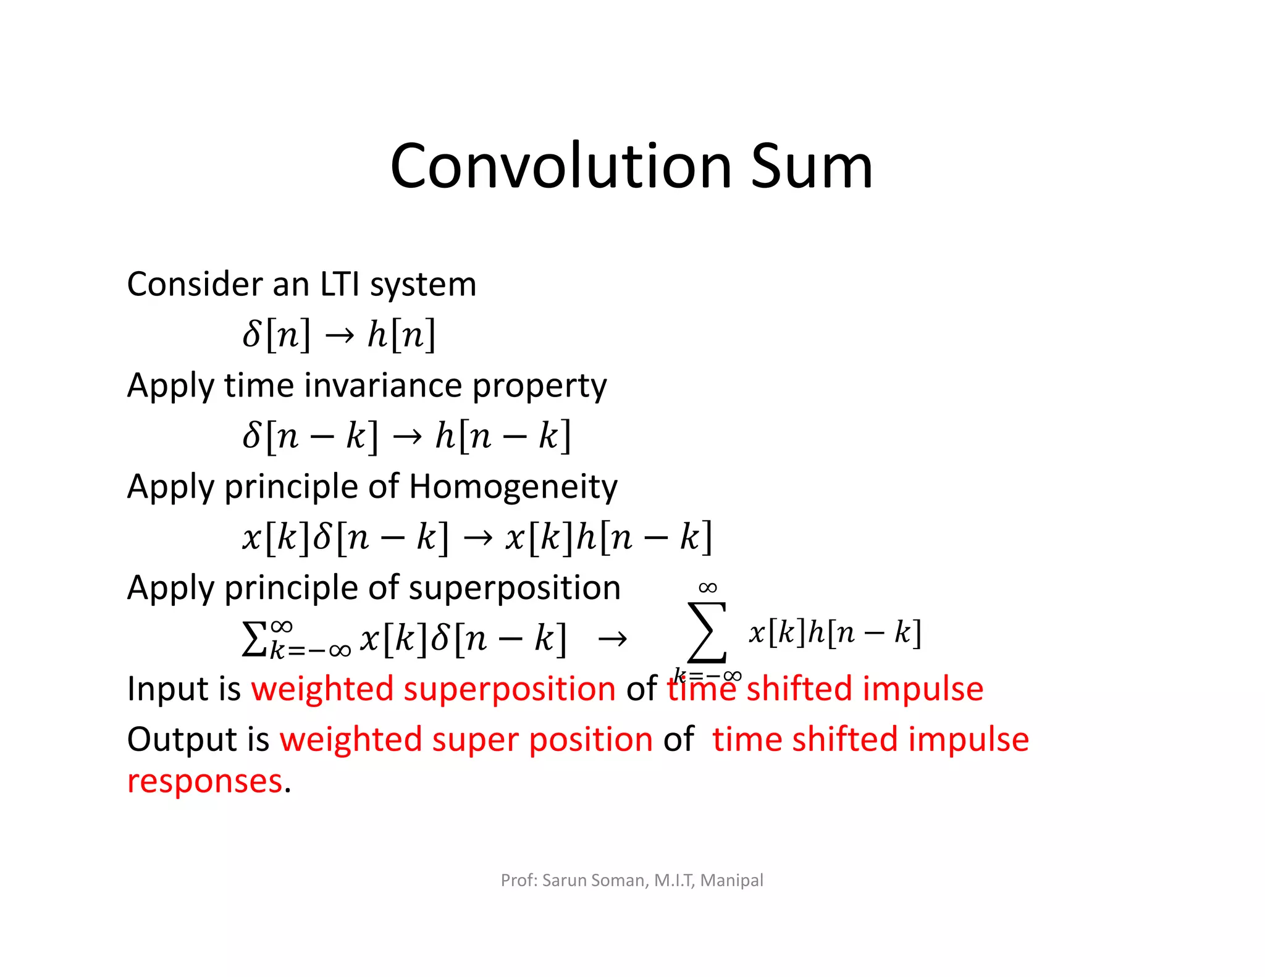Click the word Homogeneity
[513, 487]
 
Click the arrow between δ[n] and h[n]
[340, 335]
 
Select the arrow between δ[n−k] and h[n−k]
[407, 437]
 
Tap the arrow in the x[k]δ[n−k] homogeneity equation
[477, 538]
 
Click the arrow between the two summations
[612, 639]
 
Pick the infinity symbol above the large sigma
[708, 587]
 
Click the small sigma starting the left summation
[253, 639]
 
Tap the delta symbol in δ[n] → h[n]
[252, 334]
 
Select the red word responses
[204, 781]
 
